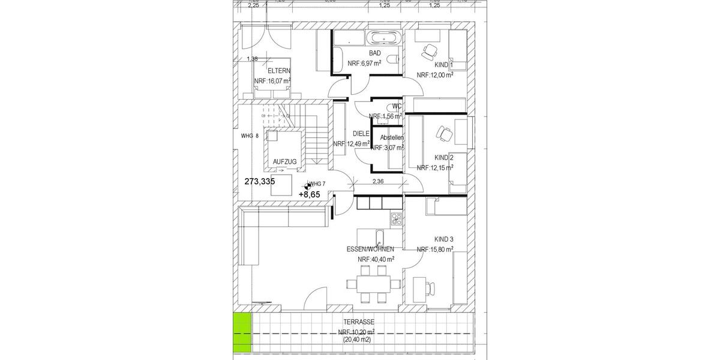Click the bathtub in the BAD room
[381, 38]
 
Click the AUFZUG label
[284, 162]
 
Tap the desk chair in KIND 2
[443, 133]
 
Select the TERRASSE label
[360, 322]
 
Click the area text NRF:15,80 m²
[435, 249]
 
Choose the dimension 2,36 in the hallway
[378, 181]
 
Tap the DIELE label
[361, 134]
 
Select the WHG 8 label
[250, 136]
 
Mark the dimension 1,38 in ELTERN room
[252, 59]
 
